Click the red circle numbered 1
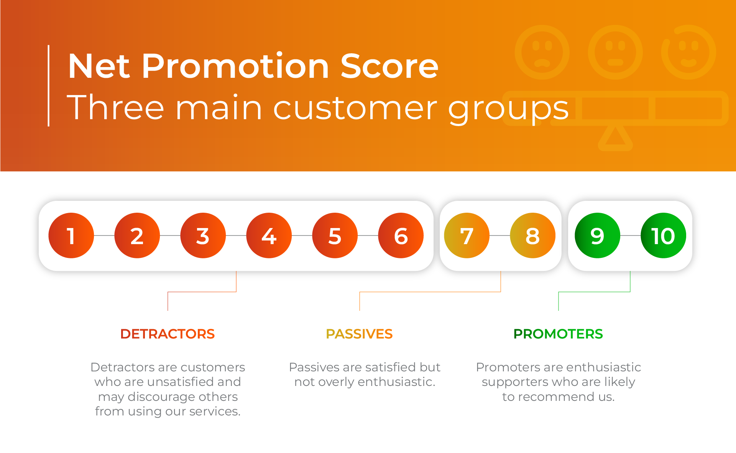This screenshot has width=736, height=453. (x=71, y=235)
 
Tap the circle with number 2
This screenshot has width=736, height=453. (x=137, y=235)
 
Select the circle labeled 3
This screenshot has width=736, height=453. (x=203, y=235)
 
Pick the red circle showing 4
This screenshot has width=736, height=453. (x=269, y=235)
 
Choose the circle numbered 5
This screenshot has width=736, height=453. (x=335, y=235)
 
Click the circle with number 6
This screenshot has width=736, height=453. (x=401, y=235)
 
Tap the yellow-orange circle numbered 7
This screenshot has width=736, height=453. (x=467, y=235)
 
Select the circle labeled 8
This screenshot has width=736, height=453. (x=533, y=235)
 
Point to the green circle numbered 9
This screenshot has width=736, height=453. (x=598, y=235)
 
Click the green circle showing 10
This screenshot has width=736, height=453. (x=664, y=235)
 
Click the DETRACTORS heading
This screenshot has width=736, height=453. (x=168, y=334)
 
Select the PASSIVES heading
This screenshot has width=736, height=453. (x=359, y=334)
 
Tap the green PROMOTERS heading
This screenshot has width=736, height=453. (x=558, y=334)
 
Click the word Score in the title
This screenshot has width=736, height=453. (x=389, y=66)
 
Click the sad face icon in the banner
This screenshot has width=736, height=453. (x=542, y=52)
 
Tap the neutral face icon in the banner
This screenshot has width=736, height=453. (x=615, y=52)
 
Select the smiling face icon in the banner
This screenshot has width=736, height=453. (x=688, y=52)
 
